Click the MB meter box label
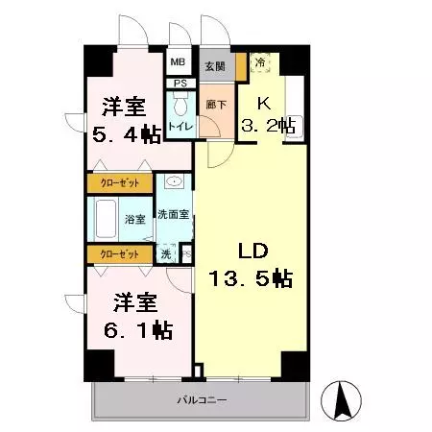click(178, 61)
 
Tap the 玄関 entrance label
click(215, 66)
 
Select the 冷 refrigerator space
click(260, 61)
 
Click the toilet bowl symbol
click(180, 103)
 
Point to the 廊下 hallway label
click(216, 105)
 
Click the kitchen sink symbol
click(295, 127)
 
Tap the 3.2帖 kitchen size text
click(268, 126)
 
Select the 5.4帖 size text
click(127, 133)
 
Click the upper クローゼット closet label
click(120, 183)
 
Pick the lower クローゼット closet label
click(120, 254)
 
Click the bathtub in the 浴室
click(106, 219)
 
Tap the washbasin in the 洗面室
click(175, 181)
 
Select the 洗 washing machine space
click(166, 253)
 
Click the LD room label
click(252, 251)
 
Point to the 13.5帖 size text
click(251, 278)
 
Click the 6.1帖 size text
click(138, 330)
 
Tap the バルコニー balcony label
click(203, 400)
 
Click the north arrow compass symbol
click(341, 401)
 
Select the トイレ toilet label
click(180, 127)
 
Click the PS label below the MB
click(180, 84)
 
